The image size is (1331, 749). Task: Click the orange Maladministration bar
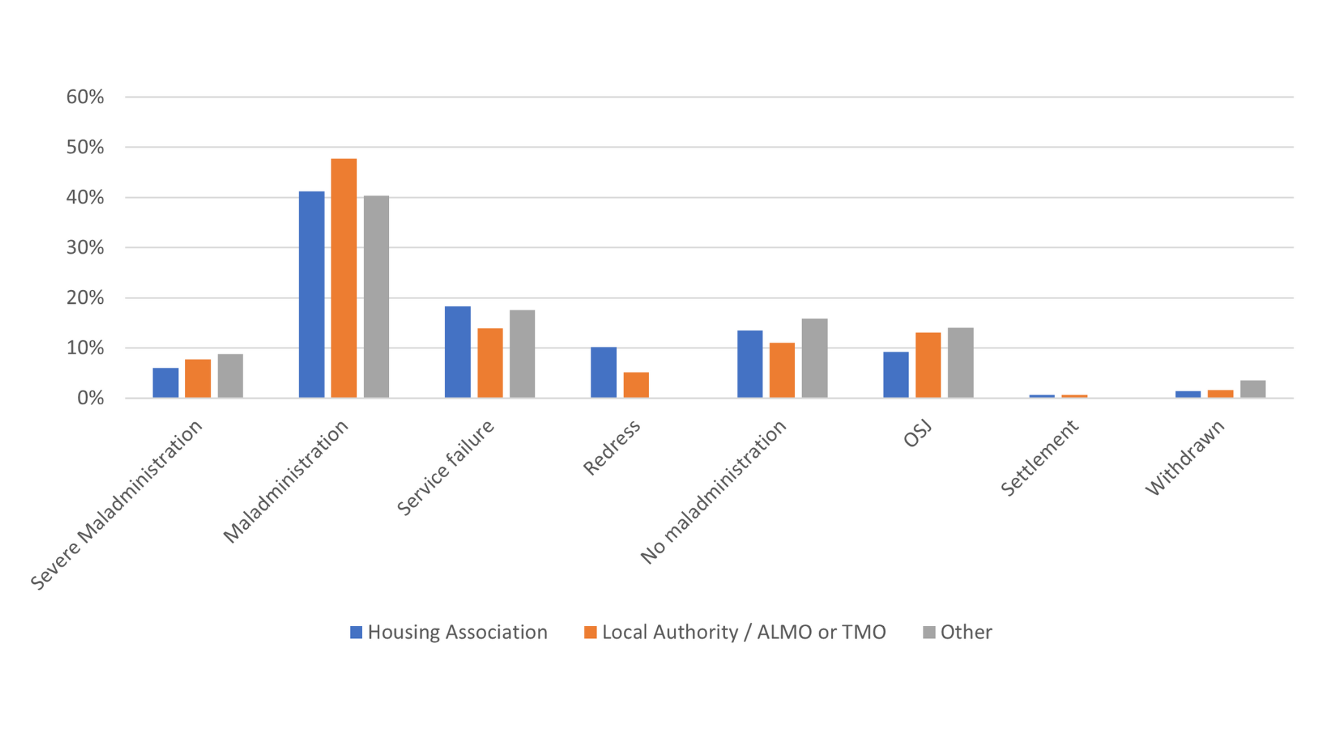click(344, 278)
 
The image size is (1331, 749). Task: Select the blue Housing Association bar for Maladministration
click(311, 295)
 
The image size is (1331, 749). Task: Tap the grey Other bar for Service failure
click(522, 354)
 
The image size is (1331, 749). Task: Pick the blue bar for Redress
click(603, 372)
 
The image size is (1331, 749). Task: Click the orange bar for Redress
click(636, 385)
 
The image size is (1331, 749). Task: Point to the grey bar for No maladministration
click(815, 358)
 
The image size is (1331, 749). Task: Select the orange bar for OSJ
click(928, 365)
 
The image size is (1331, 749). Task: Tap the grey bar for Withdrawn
click(1253, 389)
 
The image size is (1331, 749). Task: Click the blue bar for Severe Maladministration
click(166, 383)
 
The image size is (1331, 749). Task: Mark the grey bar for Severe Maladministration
click(230, 376)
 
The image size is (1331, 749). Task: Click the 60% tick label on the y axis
click(85, 97)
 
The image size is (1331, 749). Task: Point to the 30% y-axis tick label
click(85, 248)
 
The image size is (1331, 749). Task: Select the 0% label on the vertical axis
click(91, 398)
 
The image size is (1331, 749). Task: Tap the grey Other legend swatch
click(930, 632)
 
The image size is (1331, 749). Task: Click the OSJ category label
click(918, 434)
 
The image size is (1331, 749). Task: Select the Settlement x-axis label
click(1039, 458)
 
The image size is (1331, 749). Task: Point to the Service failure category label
click(446, 467)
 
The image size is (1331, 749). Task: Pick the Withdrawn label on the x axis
click(1185, 458)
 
